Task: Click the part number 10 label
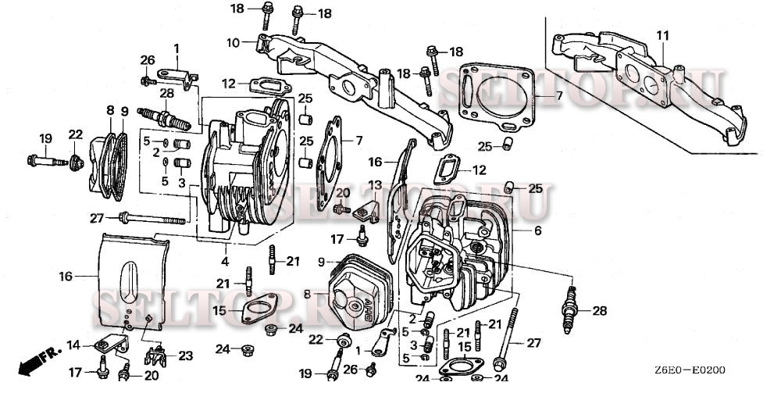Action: point(233,41)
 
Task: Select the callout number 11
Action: point(662,36)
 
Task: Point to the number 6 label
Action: point(537,231)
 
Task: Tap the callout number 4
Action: point(225,260)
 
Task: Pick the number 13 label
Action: point(376,184)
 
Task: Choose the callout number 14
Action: point(73,344)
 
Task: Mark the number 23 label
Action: point(184,355)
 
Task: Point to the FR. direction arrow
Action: point(36,360)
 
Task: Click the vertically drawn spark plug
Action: point(573,302)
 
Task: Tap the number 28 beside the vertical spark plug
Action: point(599,311)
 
